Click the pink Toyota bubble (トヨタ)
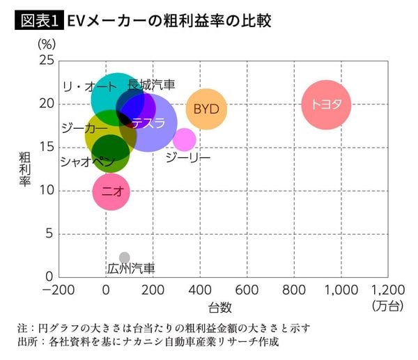(x=326, y=104)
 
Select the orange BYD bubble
(x=207, y=109)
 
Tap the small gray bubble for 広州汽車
(x=125, y=258)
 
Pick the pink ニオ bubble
(x=111, y=190)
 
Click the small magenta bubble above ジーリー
(x=185, y=139)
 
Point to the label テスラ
(x=148, y=123)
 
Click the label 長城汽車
(x=151, y=85)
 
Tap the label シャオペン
(x=87, y=162)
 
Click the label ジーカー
(x=84, y=129)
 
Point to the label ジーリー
(x=188, y=158)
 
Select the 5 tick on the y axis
(x=49, y=234)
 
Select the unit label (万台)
(x=387, y=306)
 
